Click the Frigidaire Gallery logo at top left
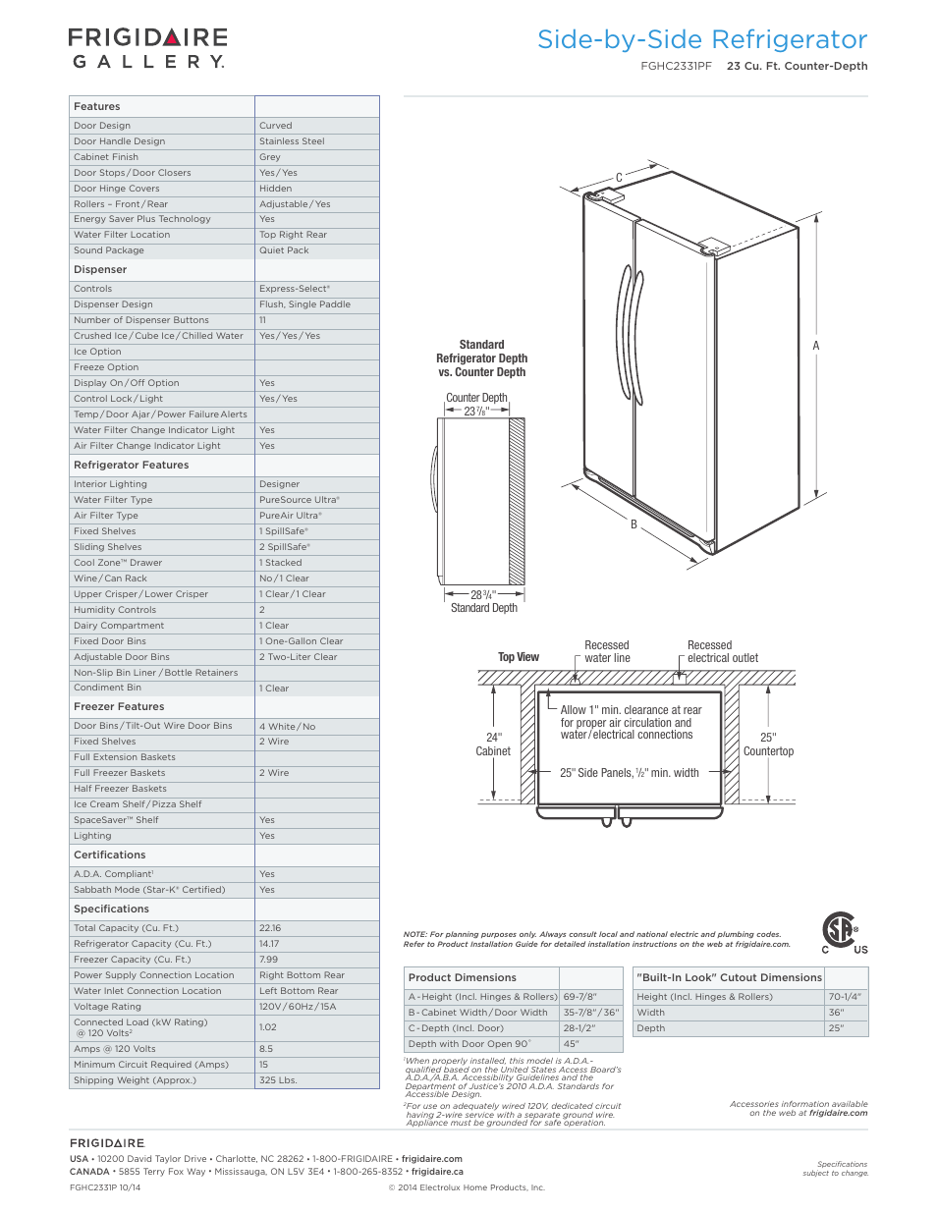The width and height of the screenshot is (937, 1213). [147, 48]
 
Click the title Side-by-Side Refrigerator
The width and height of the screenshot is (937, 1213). [701, 39]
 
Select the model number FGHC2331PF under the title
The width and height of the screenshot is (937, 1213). [676, 67]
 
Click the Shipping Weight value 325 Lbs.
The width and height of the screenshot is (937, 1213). [278, 1080]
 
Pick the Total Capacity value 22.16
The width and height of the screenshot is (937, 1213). [270, 928]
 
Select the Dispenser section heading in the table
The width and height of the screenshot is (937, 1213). [100, 269]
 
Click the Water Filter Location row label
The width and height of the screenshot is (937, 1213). [122, 235]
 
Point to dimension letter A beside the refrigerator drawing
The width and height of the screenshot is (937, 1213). [815, 346]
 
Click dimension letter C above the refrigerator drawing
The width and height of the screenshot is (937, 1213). [619, 178]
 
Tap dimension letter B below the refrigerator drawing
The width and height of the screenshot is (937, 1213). [634, 524]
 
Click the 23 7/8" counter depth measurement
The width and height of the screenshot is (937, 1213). [476, 412]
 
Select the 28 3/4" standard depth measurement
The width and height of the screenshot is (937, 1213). [482, 595]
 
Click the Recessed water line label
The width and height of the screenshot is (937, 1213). [607, 652]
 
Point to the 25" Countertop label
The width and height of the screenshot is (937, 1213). [768, 744]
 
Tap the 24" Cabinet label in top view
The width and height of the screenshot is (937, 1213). [493, 744]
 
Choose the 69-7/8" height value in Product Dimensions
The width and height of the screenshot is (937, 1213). [579, 997]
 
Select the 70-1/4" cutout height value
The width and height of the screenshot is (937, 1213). [845, 997]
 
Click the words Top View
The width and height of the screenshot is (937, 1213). [519, 657]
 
